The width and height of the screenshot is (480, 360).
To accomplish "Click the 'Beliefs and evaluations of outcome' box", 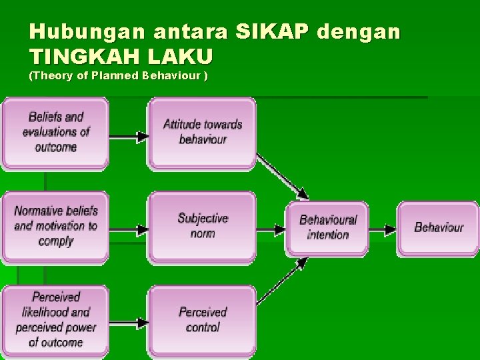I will pos(55,132).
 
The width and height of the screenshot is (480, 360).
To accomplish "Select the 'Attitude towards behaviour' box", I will pos(202,132).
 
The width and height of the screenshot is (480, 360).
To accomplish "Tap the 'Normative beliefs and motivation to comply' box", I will pos(55,226).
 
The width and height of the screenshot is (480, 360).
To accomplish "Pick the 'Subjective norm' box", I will pos(202,226).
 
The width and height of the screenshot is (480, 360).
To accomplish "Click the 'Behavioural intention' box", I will pos(327,227).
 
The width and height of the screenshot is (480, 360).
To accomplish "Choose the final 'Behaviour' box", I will pos(438,227).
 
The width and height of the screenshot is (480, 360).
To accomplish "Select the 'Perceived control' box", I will pos(202,320).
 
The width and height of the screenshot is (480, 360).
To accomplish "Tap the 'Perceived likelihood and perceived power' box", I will pos(55,320).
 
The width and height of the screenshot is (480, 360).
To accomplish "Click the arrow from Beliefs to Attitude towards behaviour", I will pos(128,137).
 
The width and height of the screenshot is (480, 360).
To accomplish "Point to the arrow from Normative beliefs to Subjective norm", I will pos(128,230).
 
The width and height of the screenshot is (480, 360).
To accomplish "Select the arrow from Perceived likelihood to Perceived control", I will pos(128,323).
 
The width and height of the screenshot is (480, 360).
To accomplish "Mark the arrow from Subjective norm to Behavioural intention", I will pos(271,230).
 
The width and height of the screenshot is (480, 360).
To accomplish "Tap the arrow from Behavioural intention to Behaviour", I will pos(383,230).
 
